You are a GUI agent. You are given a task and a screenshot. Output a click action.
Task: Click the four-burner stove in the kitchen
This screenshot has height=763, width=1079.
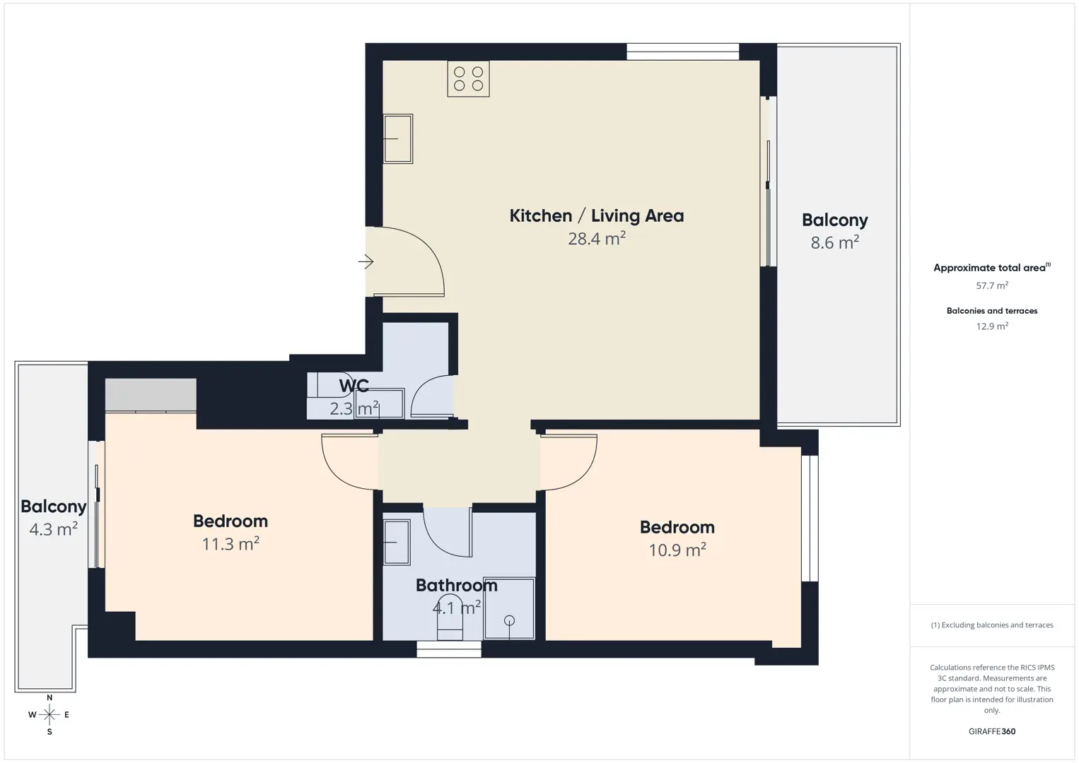tap(468, 78)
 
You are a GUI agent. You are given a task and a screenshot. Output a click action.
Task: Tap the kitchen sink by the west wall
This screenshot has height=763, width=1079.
tap(398, 138)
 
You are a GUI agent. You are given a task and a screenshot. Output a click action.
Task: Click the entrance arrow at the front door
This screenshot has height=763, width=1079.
tap(366, 262)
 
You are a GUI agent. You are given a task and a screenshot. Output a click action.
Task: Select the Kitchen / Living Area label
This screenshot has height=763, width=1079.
tap(596, 215)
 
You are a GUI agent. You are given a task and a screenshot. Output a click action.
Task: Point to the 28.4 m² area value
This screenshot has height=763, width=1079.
tap(596, 238)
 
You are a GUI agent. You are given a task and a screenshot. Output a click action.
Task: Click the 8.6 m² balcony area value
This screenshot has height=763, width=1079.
tap(835, 242)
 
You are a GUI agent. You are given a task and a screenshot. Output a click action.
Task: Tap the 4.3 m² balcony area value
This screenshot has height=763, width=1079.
tap(54, 529)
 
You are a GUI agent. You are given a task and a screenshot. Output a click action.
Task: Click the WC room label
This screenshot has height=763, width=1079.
tap(354, 386)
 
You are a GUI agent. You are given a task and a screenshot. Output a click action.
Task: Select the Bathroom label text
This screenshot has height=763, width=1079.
tap(457, 586)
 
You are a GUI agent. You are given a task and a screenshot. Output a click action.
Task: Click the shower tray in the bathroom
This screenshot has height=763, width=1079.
tap(509, 608)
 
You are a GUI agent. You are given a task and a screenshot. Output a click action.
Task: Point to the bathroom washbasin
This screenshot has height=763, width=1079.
tap(397, 542)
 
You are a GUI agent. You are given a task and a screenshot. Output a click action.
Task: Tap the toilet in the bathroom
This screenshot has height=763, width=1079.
tap(450, 617)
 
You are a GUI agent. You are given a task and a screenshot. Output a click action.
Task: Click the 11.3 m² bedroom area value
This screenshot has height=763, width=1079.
tap(231, 544)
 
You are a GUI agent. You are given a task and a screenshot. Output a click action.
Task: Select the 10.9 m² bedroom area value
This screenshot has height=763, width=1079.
tap(677, 550)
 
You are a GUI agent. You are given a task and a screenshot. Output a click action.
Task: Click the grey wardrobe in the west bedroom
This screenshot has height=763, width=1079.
tap(151, 395)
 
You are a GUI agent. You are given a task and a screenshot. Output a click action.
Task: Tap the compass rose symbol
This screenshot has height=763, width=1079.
tap(49, 715)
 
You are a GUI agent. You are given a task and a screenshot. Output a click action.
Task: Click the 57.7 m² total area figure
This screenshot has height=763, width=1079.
tap(992, 285)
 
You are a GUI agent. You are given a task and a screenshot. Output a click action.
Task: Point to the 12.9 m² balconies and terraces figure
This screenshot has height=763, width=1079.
tap(992, 326)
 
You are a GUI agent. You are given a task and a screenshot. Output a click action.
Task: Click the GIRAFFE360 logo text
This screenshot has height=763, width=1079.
tap(992, 731)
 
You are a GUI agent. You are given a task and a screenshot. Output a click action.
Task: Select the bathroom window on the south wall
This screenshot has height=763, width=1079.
tap(449, 649)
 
